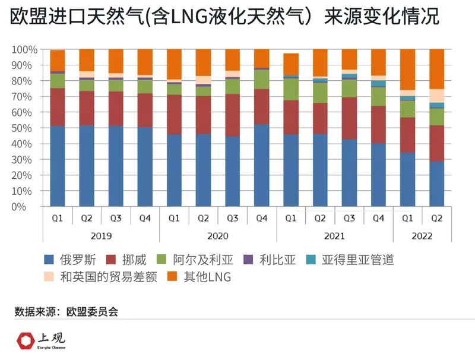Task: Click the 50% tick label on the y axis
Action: click(x=25, y=128)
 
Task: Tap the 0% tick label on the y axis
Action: click(x=27, y=207)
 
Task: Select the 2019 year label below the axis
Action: click(x=101, y=236)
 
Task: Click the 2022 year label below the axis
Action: click(x=422, y=236)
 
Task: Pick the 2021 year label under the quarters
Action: click(x=334, y=236)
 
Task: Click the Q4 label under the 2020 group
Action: click(x=261, y=218)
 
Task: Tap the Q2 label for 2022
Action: click(x=436, y=218)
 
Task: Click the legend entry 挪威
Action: click(x=134, y=260)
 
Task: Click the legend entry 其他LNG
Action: click(x=201, y=277)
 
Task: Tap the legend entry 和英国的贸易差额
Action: click(x=102, y=277)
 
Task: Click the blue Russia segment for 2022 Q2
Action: click(x=436, y=184)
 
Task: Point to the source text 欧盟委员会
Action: click(x=93, y=311)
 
